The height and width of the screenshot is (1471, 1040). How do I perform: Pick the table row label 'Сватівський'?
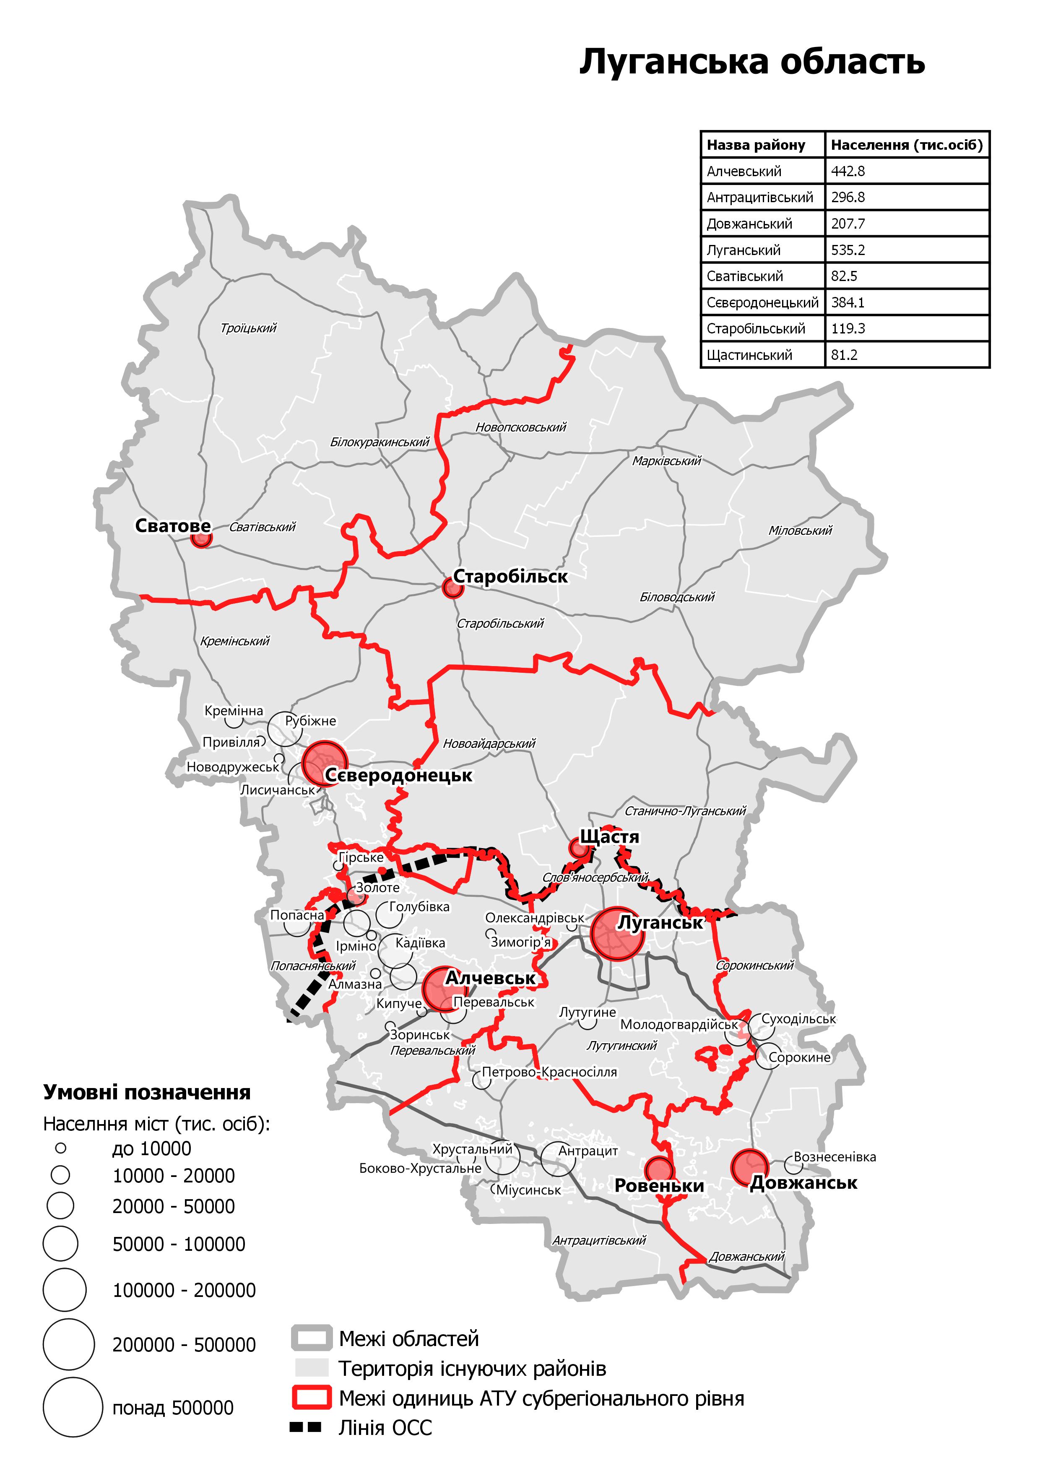click(745, 276)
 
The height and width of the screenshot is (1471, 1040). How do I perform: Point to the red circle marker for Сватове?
click(201, 538)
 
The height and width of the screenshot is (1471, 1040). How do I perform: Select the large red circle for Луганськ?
click(617, 933)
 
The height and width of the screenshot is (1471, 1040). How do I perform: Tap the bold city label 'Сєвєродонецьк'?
click(398, 776)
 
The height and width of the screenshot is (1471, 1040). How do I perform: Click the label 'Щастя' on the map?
click(609, 837)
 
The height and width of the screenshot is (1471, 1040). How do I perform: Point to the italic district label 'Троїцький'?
click(249, 328)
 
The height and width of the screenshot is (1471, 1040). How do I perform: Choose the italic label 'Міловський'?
click(800, 531)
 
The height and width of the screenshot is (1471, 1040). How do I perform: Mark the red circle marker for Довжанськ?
click(749, 1166)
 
